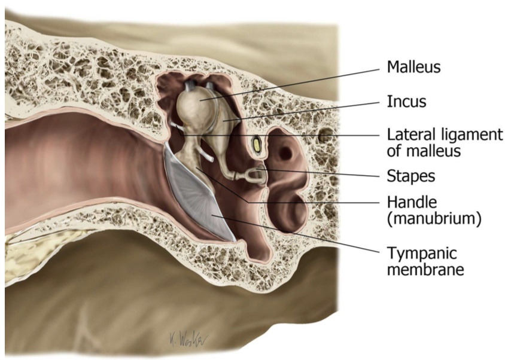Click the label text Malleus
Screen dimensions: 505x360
[413, 67]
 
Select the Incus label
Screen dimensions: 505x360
[406, 102]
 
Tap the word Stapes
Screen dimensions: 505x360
[410, 176]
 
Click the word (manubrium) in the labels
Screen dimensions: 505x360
[434, 219]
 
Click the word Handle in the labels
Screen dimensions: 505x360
[409, 202]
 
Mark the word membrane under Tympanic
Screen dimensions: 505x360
[425, 269]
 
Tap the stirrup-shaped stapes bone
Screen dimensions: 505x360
[254, 175]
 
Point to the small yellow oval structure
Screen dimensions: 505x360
[258, 144]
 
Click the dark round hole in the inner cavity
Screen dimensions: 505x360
[285, 154]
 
